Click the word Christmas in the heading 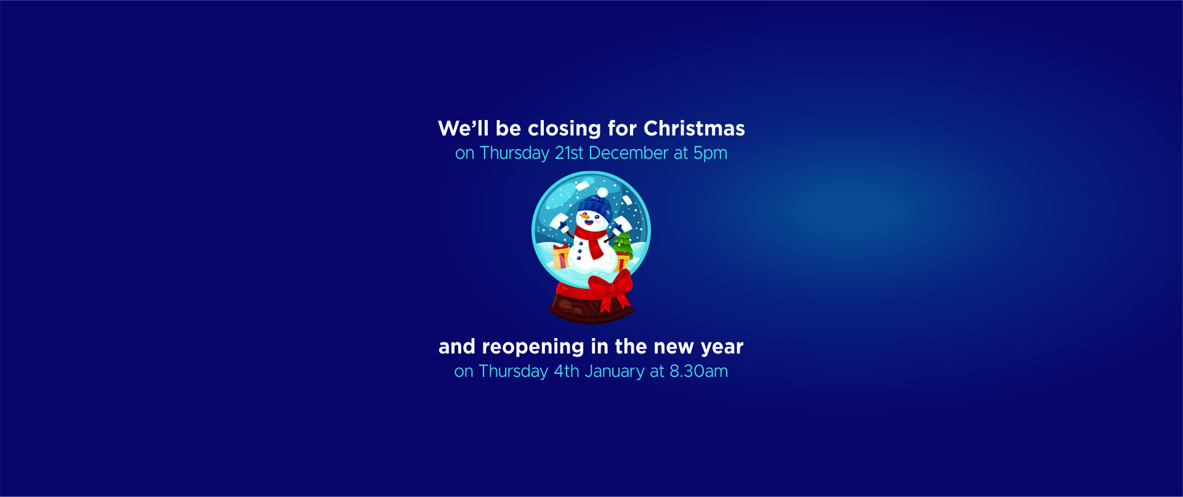694,128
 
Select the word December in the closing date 628,153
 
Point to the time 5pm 710,154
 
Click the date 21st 568,153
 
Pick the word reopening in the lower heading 532,347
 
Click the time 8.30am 698,371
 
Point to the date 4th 567,371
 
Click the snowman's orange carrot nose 583,217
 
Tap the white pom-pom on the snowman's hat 602,193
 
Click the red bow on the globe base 610,289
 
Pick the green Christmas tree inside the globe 623,244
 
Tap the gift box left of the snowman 560,257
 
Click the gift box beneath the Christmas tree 623,262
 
